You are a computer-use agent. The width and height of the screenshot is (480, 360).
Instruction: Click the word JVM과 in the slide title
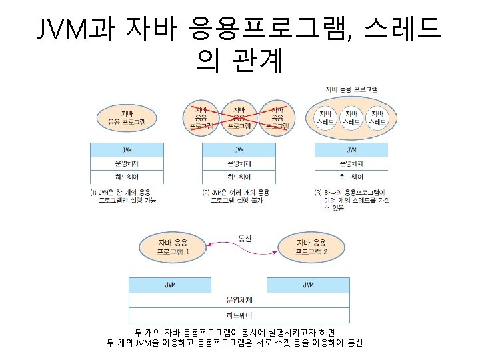(x=75, y=29)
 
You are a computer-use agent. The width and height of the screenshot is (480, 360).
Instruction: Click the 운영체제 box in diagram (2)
(x=239, y=163)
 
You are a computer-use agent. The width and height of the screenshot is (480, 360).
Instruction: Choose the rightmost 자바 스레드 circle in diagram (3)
(x=377, y=118)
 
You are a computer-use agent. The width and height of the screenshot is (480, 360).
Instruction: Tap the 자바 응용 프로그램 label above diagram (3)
(x=351, y=89)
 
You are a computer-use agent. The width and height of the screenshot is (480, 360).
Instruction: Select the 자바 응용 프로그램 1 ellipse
(x=173, y=246)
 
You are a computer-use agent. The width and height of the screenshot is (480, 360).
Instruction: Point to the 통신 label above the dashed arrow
(x=245, y=238)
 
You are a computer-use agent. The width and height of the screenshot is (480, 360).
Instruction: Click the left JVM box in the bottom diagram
(x=170, y=285)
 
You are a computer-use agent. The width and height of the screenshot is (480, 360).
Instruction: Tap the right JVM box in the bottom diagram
(x=308, y=285)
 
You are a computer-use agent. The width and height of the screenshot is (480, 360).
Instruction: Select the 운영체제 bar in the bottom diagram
(x=239, y=299)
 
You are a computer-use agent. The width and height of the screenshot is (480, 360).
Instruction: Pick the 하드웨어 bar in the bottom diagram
(x=239, y=314)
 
